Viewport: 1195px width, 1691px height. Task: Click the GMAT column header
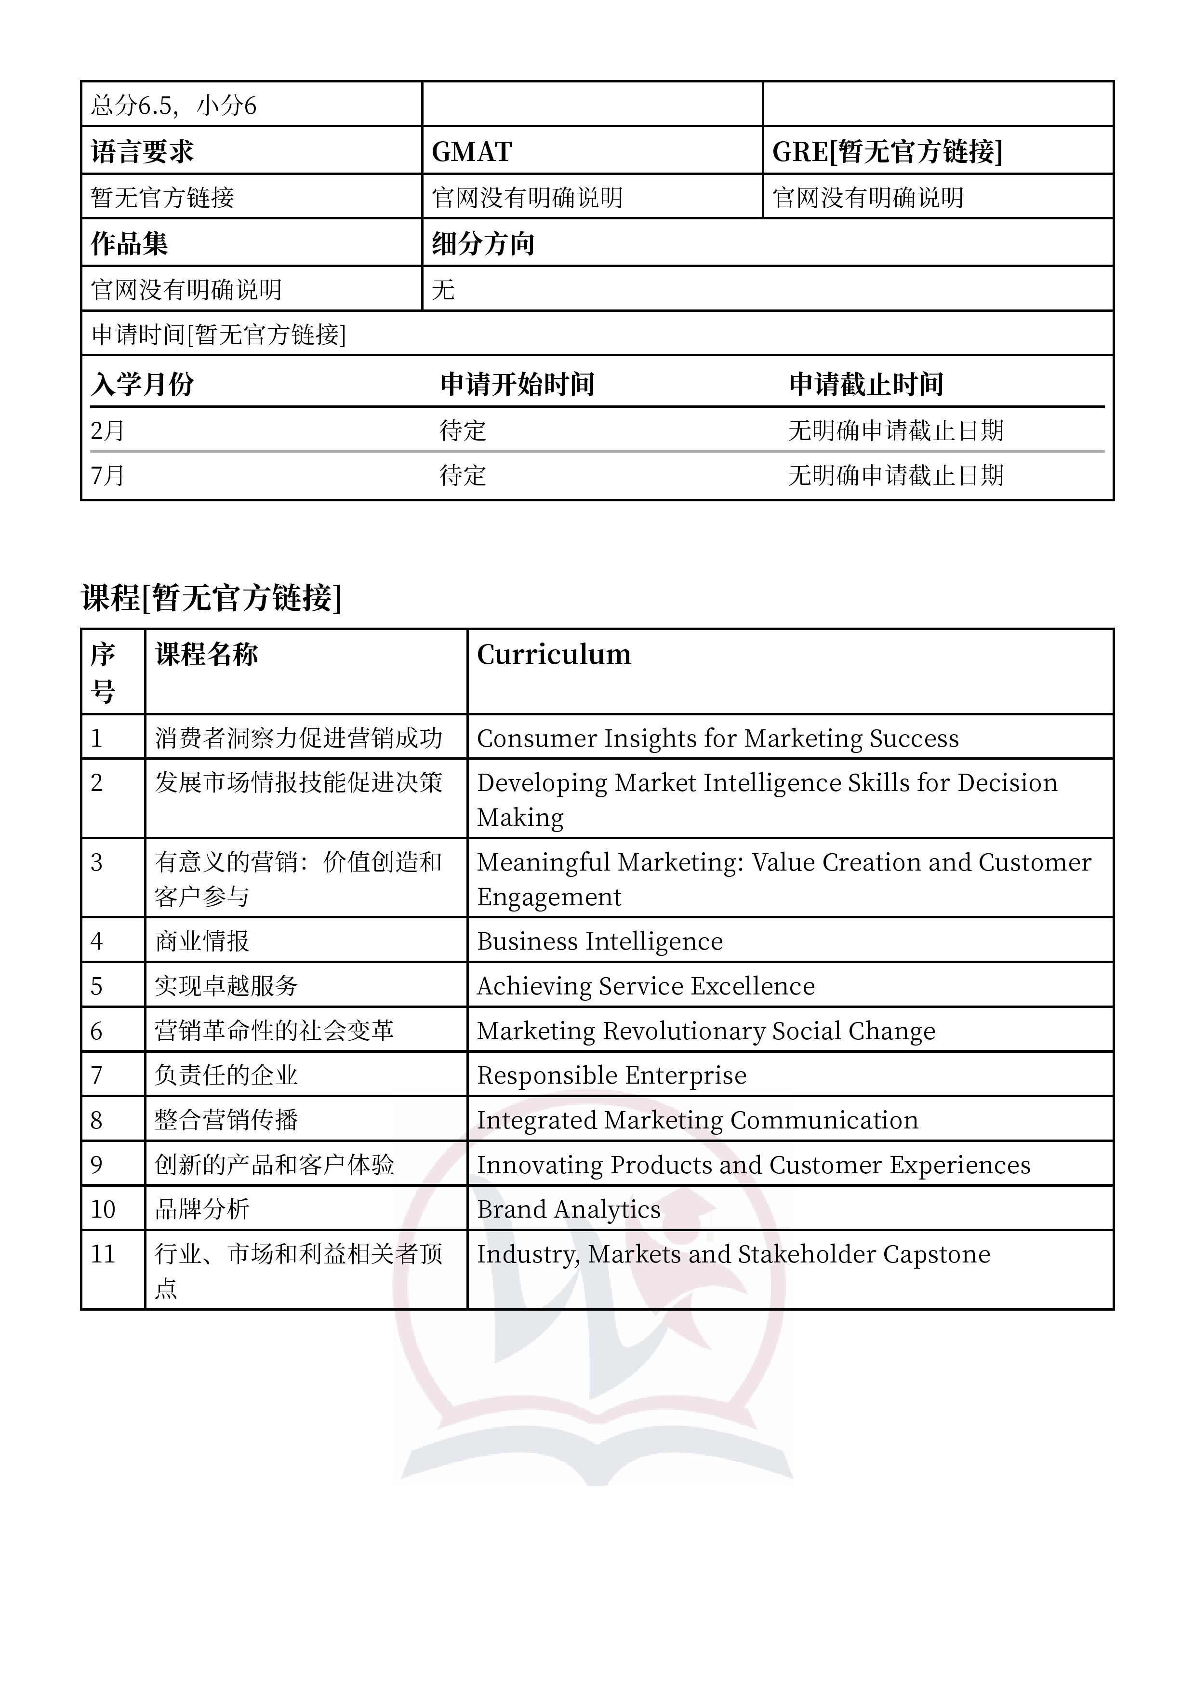472,152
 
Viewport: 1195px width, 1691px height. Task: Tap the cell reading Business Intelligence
599,941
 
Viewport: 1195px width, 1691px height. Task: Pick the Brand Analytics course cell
569,1209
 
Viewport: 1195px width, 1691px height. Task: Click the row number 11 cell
103,1254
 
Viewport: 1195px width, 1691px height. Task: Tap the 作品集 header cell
130,244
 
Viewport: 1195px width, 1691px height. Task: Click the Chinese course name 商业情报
202,941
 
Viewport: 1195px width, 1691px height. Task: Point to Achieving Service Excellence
646,986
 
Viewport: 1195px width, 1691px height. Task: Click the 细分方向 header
483,244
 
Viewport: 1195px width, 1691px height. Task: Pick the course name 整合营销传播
226,1120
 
